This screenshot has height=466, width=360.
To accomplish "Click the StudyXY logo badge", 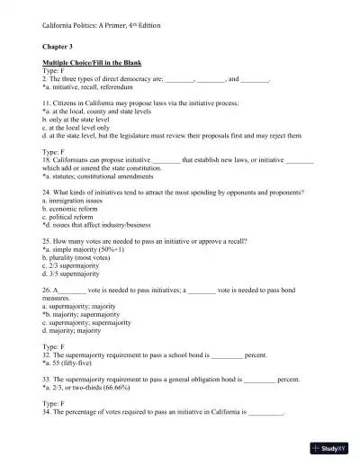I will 330,447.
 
